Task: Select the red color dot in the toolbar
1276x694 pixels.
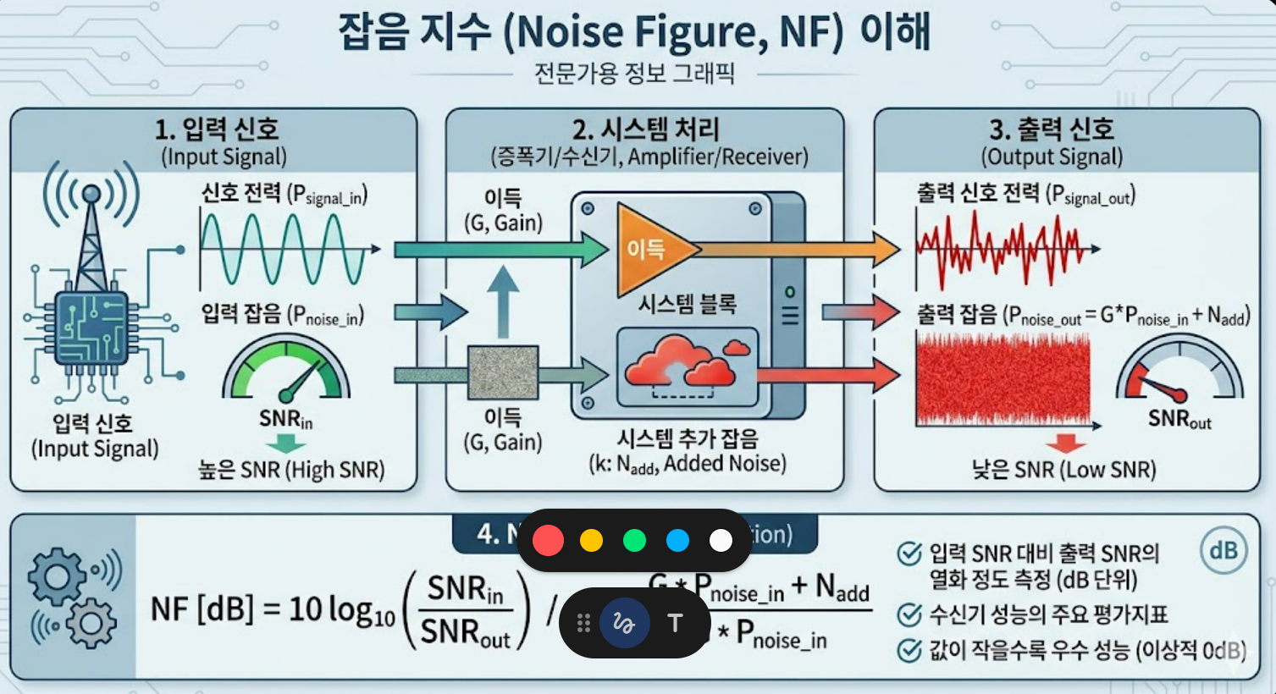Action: [x=548, y=540]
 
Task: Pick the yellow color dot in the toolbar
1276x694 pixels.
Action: [x=591, y=540]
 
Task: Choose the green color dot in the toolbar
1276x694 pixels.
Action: [x=634, y=540]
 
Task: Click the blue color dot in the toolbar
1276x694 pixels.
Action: [x=677, y=540]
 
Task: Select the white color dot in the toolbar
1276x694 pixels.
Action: [x=721, y=540]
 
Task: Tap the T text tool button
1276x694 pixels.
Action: [x=675, y=624]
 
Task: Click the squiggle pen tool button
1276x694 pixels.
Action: [x=624, y=624]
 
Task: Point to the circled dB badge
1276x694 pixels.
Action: [x=1223, y=550]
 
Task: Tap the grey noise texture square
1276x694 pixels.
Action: [x=503, y=373]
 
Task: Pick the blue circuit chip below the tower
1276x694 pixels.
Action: [x=91, y=328]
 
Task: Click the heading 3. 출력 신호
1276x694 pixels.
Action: [x=1052, y=129]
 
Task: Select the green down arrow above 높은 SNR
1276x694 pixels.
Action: [x=286, y=445]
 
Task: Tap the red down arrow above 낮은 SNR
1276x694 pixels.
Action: [x=1065, y=443]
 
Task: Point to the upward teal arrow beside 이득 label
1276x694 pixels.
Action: [x=503, y=300]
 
